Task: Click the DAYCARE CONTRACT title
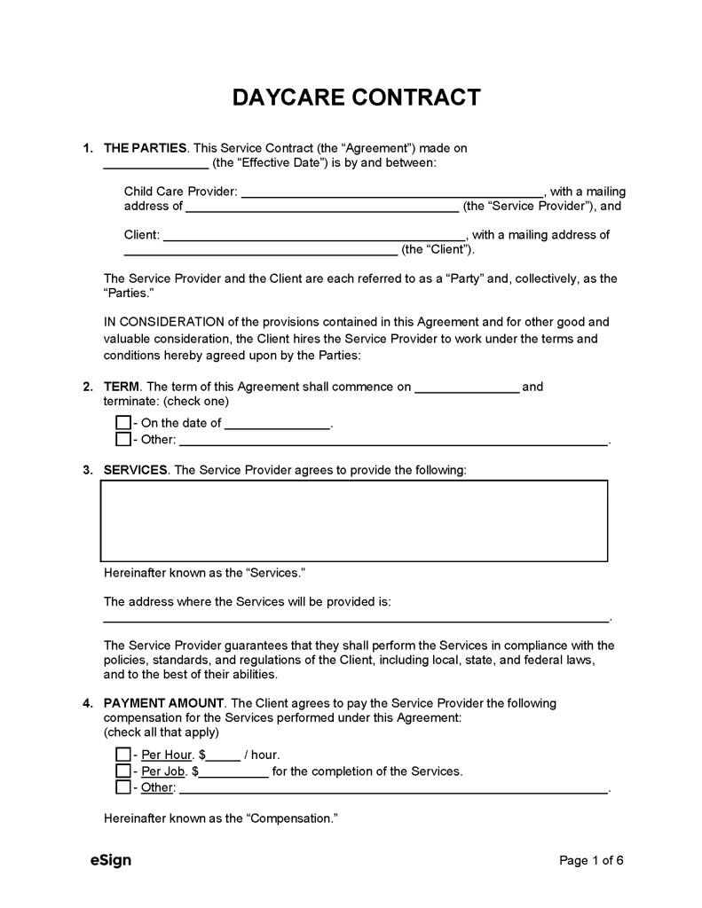(x=356, y=97)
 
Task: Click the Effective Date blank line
(x=156, y=166)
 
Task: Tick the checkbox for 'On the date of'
(x=122, y=423)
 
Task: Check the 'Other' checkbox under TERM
(x=122, y=439)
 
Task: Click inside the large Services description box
(x=354, y=521)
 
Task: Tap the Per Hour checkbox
(x=122, y=755)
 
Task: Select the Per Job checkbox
(x=122, y=771)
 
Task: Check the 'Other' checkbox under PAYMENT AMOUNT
(x=122, y=787)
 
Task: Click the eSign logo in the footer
(x=111, y=860)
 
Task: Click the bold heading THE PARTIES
(x=146, y=148)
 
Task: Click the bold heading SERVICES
(x=136, y=470)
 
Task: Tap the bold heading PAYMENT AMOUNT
(x=164, y=703)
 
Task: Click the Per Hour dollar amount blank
(x=224, y=757)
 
